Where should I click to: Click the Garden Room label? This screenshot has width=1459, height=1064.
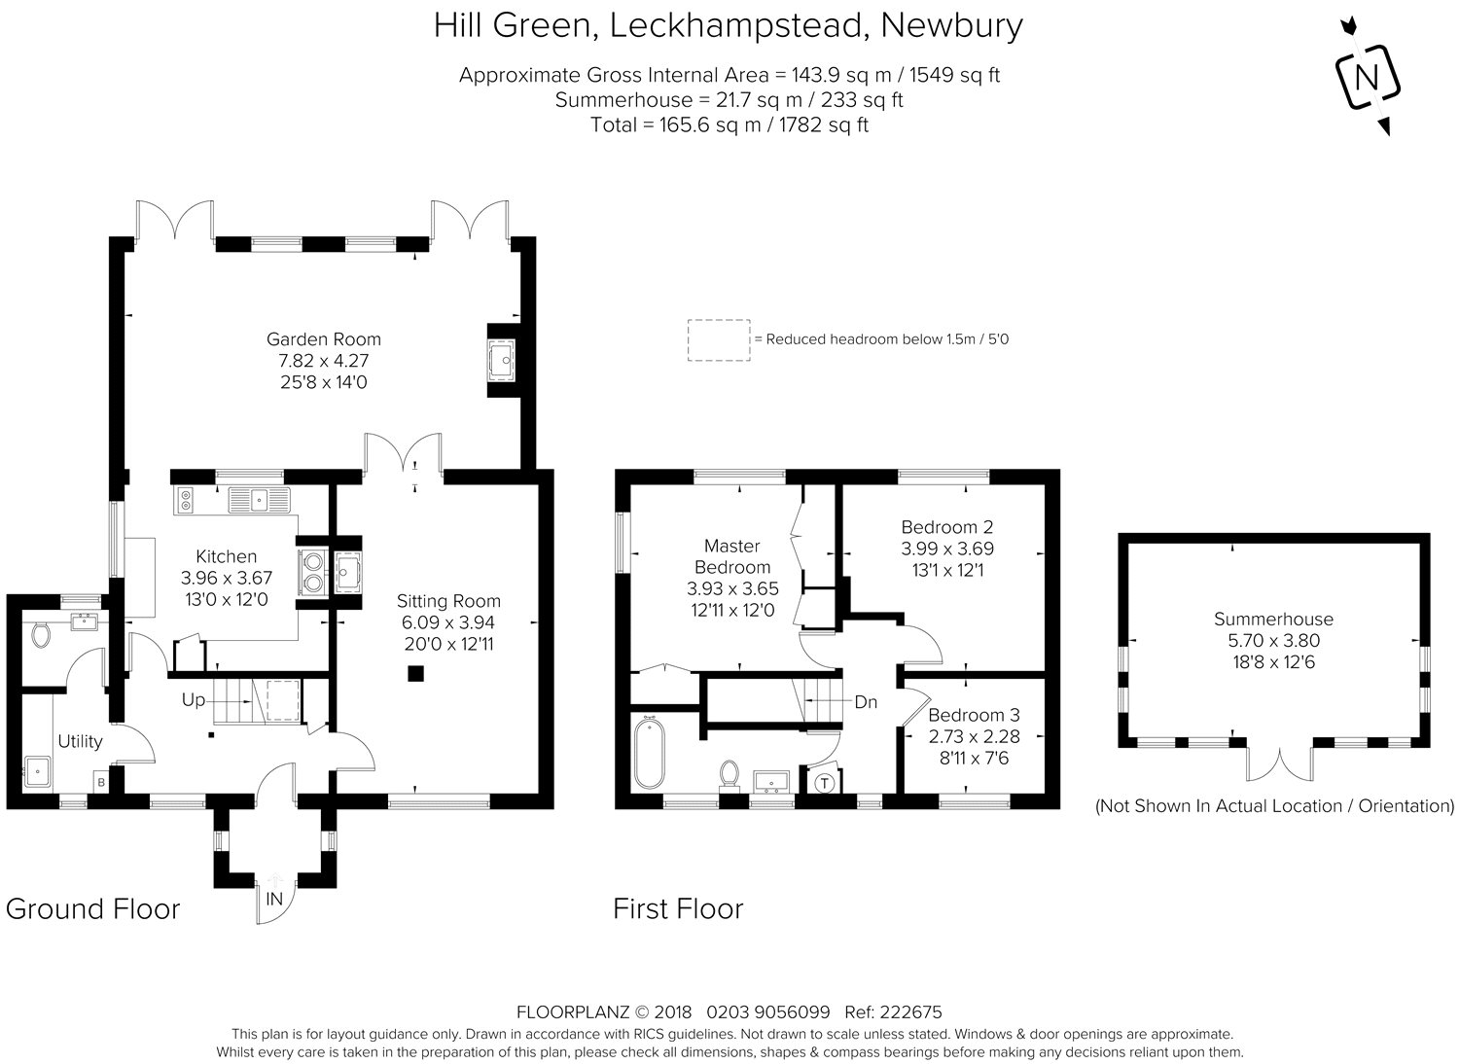[x=324, y=339]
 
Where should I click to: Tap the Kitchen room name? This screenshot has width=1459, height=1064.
[x=226, y=556]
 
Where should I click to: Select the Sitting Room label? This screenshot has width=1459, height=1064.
[x=448, y=601]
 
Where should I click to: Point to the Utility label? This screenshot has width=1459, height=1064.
[x=80, y=741]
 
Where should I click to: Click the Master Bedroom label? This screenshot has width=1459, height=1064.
[x=732, y=556]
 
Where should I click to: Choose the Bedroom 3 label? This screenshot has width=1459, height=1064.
[x=974, y=715]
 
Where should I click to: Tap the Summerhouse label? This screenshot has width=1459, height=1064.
[x=1273, y=619]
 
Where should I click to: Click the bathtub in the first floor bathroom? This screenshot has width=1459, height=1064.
[x=650, y=753]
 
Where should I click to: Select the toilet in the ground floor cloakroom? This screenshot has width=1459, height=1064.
[x=41, y=635]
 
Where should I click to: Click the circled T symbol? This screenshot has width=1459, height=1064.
[x=825, y=783]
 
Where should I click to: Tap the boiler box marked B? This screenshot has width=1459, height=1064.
[x=101, y=782]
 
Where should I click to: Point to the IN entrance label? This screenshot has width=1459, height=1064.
[x=275, y=900]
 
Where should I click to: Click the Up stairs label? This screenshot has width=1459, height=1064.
[x=194, y=700]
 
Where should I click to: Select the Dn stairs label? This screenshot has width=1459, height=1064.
[x=866, y=702]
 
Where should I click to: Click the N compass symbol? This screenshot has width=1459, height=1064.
[x=1368, y=78]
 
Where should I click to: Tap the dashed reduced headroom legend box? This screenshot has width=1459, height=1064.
[x=719, y=339]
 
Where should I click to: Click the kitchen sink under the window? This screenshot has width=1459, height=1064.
[x=260, y=500]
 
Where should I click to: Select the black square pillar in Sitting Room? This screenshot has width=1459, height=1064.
[x=415, y=673]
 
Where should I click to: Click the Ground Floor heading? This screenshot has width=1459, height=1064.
[x=93, y=909]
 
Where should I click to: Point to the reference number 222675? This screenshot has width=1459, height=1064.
[x=910, y=1011]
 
